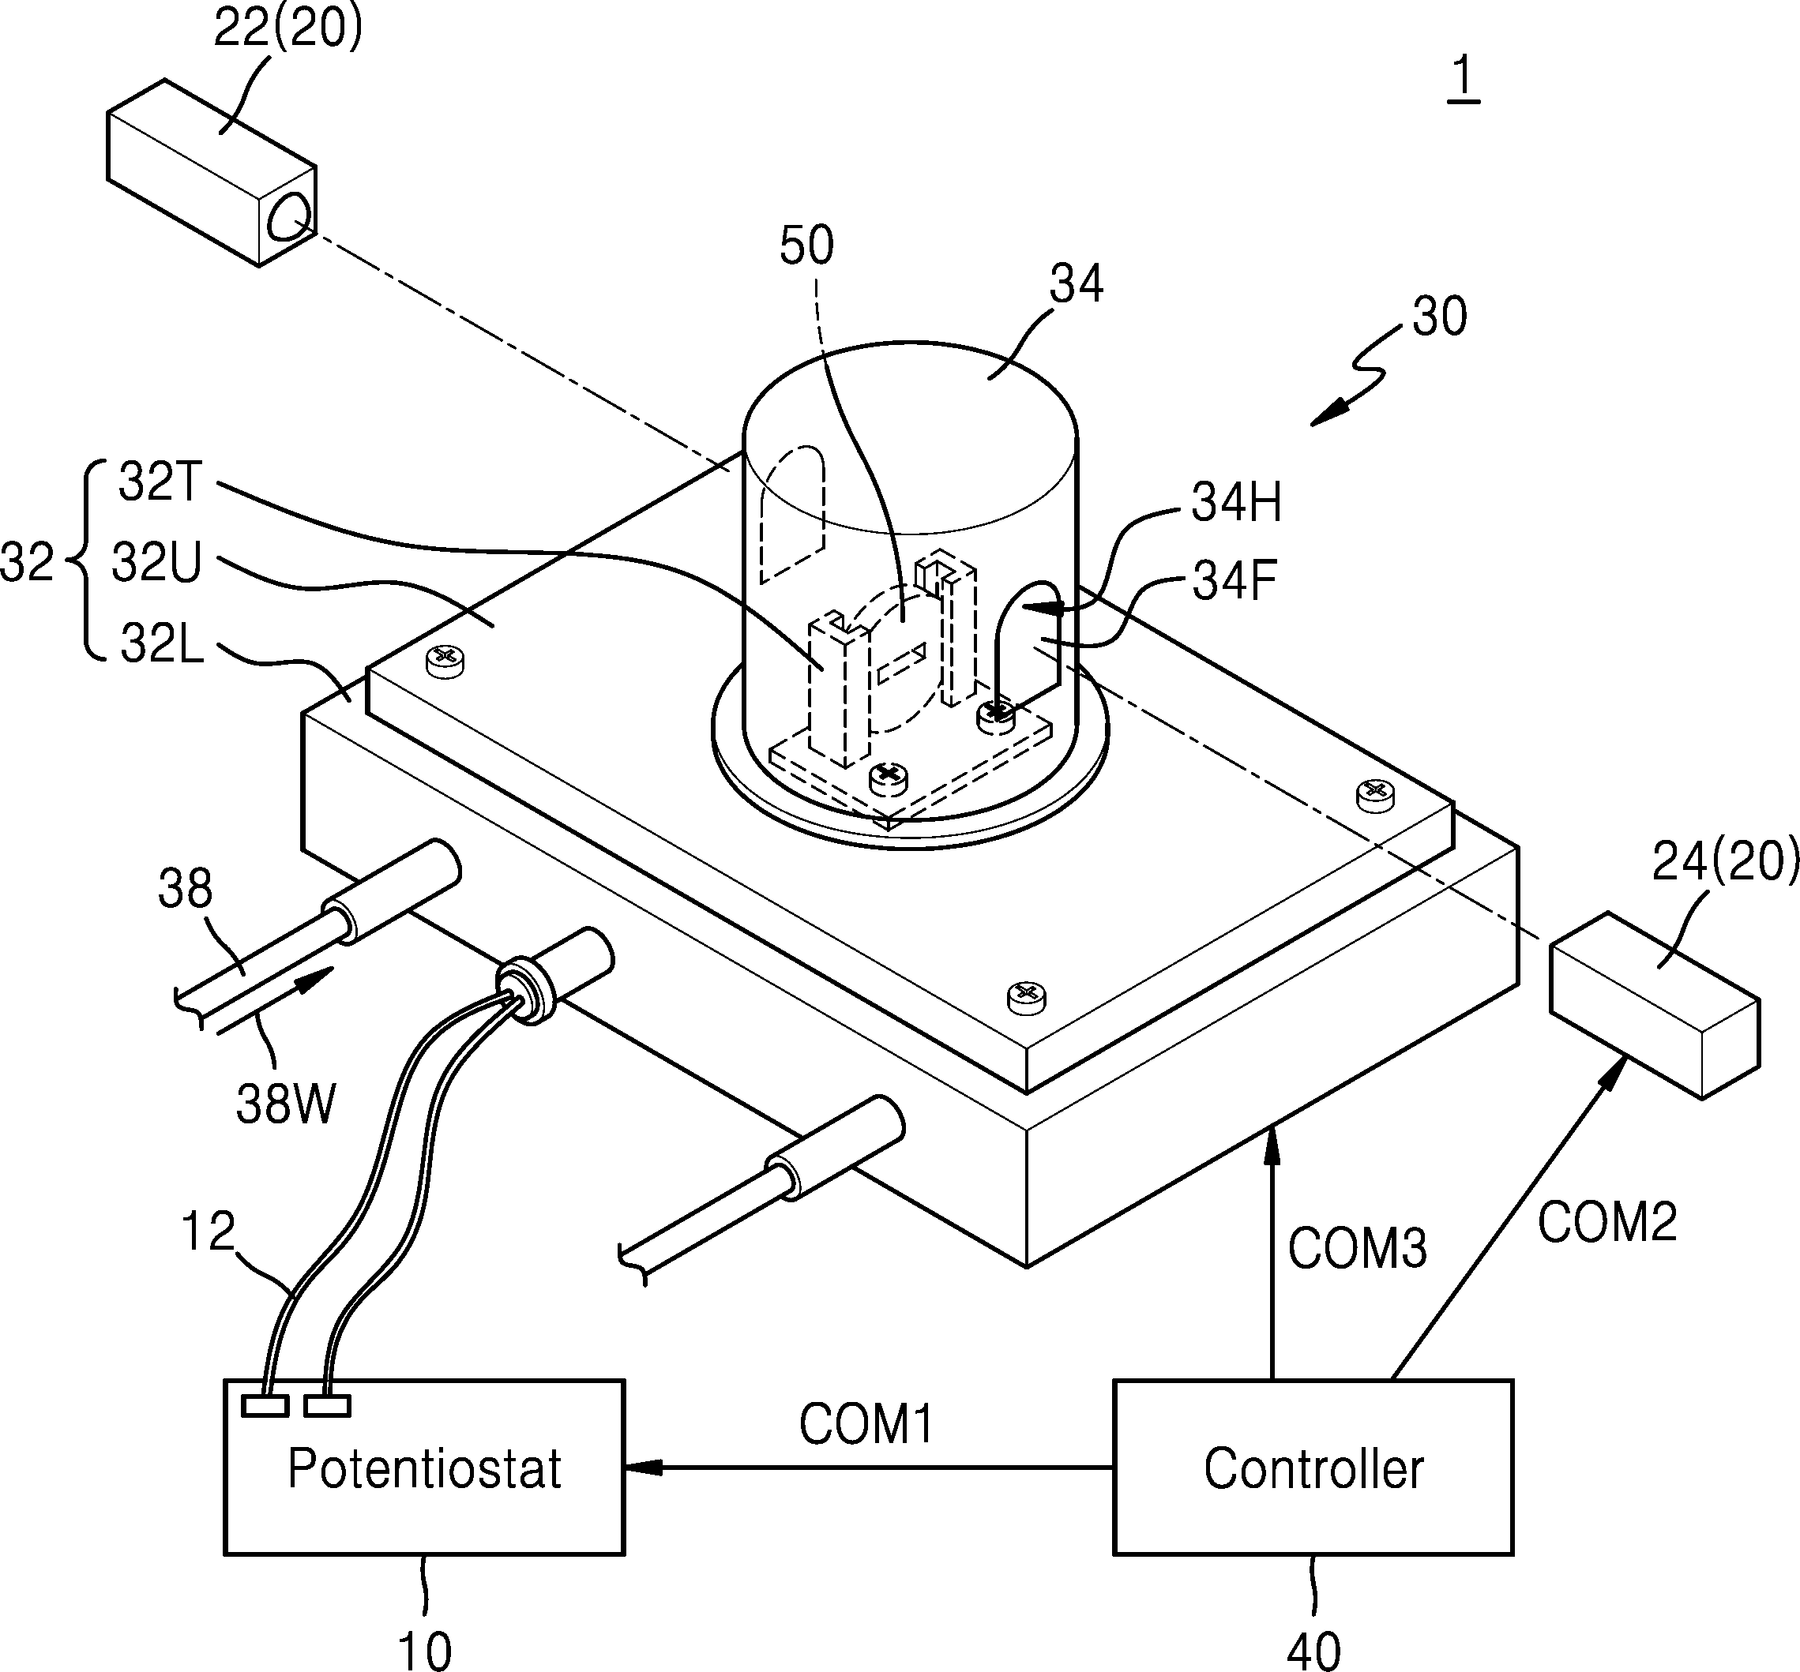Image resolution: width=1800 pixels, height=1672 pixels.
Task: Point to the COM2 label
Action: (1607, 1222)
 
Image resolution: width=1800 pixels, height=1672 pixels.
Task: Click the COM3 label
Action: (1358, 1250)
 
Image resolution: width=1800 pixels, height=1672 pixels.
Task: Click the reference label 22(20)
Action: (287, 29)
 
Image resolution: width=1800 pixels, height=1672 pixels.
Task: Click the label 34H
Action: (1236, 502)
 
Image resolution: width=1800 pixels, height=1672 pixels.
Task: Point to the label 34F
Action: (1234, 580)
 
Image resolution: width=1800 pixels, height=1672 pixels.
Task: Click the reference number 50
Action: (806, 246)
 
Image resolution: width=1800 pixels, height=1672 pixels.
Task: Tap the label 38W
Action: (286, 1104)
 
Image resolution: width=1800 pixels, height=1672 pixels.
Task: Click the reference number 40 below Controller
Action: (1313, 1649)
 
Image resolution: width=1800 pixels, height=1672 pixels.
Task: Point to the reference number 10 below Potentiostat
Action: (424, 1649)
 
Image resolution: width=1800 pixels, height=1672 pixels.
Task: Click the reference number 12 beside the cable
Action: (209, 1232)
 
